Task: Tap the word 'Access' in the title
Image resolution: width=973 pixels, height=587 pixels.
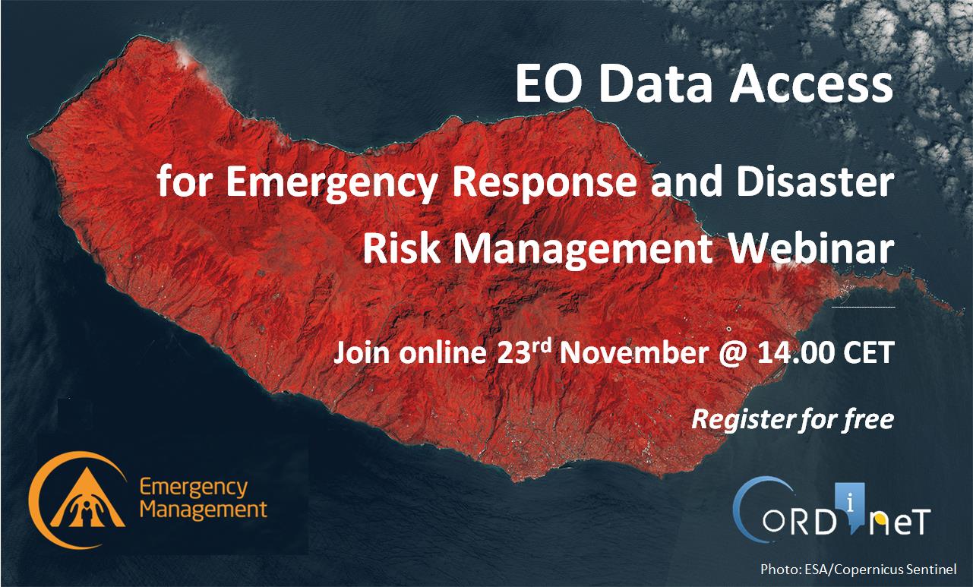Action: (x=810, y=84)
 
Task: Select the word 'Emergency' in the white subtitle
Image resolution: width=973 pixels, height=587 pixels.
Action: (x=331, y=182)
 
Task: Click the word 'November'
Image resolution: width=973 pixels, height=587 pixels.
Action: (x=634, y=352)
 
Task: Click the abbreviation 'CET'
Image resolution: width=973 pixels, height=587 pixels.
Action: (x=867, y=352)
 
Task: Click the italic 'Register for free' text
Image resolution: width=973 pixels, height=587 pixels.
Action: (x=793, y=420)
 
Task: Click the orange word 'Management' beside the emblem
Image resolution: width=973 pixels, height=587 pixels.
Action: (x=204, y=510)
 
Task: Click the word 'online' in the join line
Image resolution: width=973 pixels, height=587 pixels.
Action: (x=442, y=352)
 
